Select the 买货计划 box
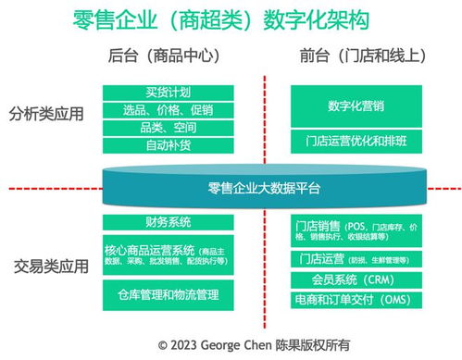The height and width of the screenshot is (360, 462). pyautogui.click(x=169, y=93)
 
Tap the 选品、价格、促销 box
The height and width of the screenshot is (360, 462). pyautogui.click(x=169, y=110)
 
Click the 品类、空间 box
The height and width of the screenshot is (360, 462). pyautogui.click(x=169, y=128)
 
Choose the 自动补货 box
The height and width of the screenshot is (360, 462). pyautogui.click(x=169, y=145)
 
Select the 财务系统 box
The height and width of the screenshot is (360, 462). pyautogui.click(x=169, y=222)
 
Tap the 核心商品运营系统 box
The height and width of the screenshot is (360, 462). pyautogui.click(x=169, y=256)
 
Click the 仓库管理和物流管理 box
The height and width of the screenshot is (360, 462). pyautogui.click(x=169, y=294)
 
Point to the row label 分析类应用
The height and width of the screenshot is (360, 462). pyautogui.click(x=45, y=116)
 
